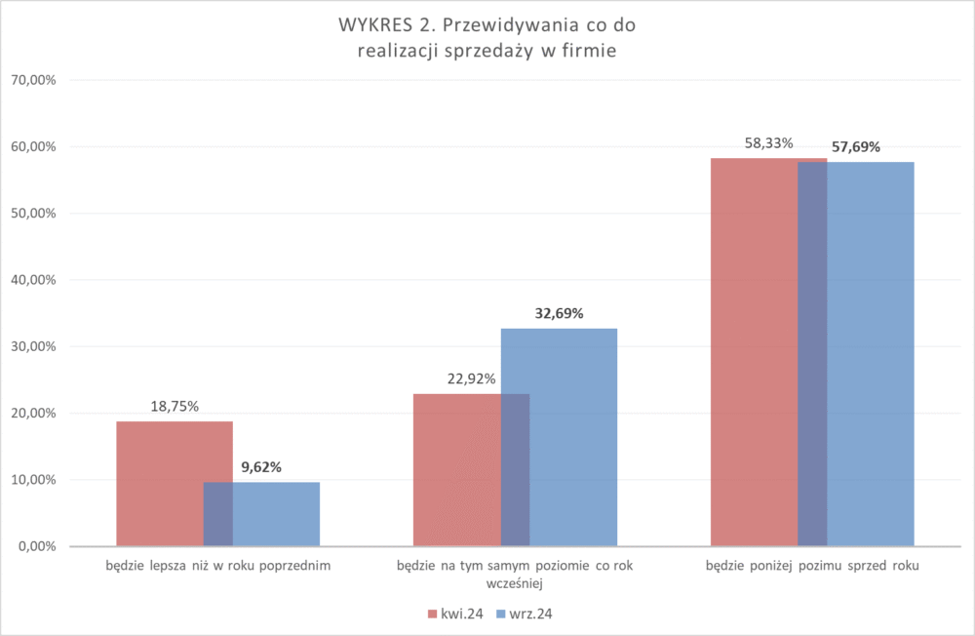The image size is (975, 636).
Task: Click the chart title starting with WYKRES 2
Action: pos(487,37)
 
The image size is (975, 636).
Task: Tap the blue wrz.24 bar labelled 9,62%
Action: pos(278,514)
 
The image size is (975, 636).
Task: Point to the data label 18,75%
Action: pos(175,407)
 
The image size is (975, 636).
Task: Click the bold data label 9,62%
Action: pos(261,467)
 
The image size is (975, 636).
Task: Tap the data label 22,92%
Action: pos(471,379)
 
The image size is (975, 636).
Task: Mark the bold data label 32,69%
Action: pos(559,314)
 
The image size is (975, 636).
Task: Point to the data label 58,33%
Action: pos(768,143)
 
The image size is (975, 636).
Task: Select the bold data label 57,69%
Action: pos(856,147)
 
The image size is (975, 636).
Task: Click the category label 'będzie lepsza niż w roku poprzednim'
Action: pos(218,566)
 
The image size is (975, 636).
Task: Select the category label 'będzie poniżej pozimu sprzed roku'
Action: pos(812,566)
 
